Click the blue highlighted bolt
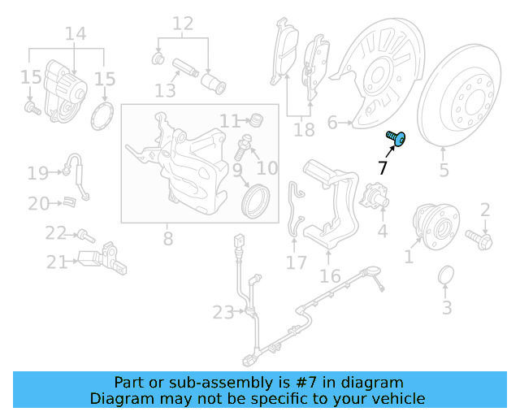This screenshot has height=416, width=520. click(x=396, y=139)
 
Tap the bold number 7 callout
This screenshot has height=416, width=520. click(x=383, y=168)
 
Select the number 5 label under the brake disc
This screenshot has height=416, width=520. click(x=444, y=171)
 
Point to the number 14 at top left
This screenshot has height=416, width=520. click(x=75, y=34)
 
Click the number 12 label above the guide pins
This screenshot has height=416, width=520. click(x=183, y=24)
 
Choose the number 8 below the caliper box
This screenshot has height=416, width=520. click(x=168, y=239)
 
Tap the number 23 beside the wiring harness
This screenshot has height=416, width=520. click(x=223, y=311)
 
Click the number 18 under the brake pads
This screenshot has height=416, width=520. click(x=304, y=130)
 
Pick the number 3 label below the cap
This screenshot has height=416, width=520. click(x=447, y=308)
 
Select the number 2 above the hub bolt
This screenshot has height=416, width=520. click(x=485, y=210)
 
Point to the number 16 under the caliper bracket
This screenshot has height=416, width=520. click(x=330, y=276)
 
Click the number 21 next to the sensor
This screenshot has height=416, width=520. click(x=56, y=262)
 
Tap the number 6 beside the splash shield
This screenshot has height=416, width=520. click(x=331, y=123)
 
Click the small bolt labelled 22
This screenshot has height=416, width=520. click(x=84, y=236)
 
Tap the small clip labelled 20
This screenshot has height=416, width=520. click(x=70, y=201)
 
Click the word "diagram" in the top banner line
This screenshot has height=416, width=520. click(x=374, y=382)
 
